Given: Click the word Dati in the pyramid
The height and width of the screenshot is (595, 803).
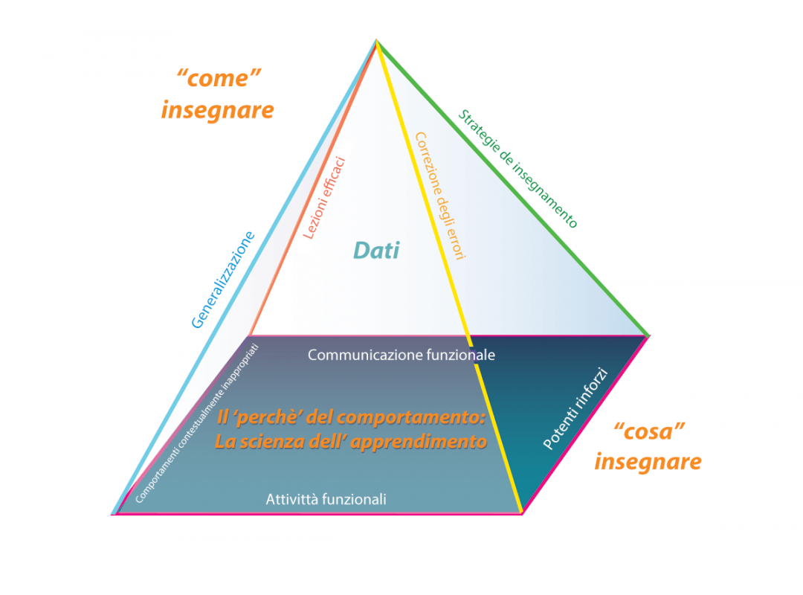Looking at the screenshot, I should coord(376,251).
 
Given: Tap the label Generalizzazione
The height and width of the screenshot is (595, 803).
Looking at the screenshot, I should coord(223,280).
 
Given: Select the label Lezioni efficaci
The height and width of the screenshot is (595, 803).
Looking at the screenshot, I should coord(325,196).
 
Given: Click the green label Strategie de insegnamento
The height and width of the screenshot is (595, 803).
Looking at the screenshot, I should coord(517,169).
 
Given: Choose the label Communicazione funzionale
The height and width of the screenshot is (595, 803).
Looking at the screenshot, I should coord(401,355).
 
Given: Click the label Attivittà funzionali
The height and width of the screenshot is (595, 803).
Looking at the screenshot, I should coord(326,500).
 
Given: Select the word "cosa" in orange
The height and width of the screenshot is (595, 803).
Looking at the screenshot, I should coord(649,431).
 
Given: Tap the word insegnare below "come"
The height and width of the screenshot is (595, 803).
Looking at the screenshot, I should coord(217,110).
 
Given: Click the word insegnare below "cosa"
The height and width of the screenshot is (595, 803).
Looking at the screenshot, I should coord(648,462).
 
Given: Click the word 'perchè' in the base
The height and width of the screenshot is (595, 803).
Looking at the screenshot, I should coord(262,419).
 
